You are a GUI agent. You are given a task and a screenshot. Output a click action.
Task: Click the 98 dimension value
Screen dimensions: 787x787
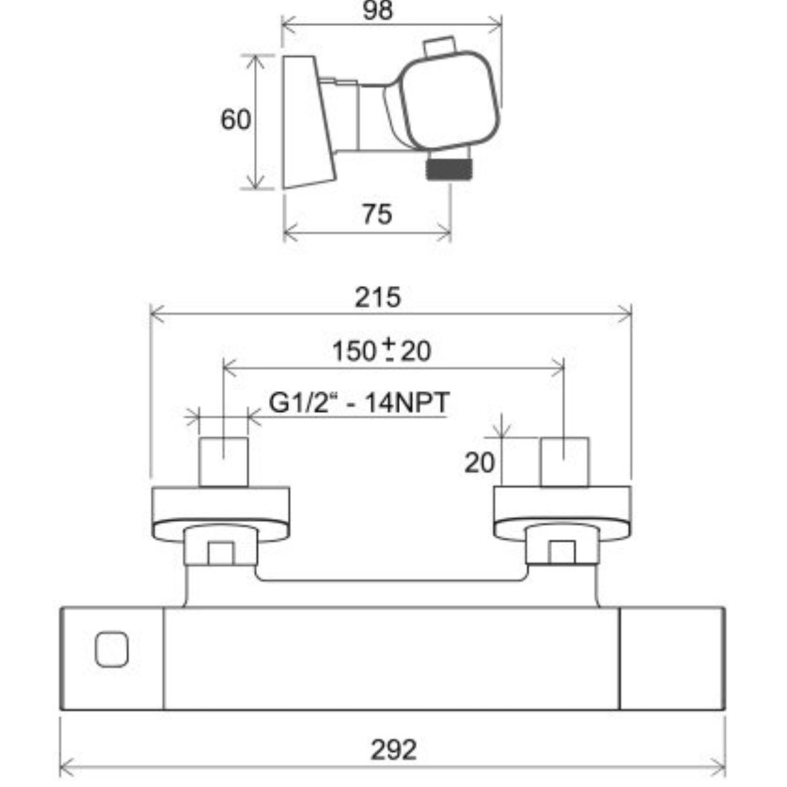pos(378,10)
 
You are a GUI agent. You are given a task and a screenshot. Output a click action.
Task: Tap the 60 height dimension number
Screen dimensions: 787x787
pos(235,120)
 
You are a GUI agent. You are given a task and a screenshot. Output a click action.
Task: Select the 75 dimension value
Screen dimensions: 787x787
pos(377,214)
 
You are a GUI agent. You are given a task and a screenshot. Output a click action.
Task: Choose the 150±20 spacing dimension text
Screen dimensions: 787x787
pos(382,350)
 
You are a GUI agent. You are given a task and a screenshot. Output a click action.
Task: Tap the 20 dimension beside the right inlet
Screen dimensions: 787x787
pos(479,463)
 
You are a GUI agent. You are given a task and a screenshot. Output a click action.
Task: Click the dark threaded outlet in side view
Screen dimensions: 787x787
pos(449,169)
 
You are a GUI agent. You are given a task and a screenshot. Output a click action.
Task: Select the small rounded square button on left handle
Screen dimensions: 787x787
pos(111,649)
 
